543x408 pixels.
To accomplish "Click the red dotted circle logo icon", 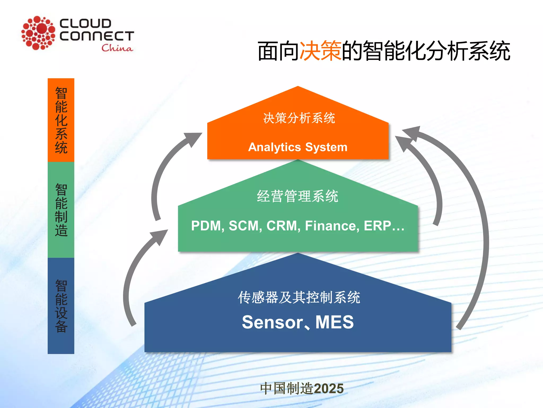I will point(38,33).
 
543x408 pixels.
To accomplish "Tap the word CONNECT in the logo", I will point(97,36).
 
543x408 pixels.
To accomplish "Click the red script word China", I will point(117,48).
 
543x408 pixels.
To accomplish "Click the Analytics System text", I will point(298,147).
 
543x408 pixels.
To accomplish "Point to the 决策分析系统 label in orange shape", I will point(299,118).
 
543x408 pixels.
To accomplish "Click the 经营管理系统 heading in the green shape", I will point(297,196).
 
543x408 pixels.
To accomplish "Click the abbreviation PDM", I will point(206,226).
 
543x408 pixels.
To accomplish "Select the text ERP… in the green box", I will point(384,226).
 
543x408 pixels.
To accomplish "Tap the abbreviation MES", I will point(335,322).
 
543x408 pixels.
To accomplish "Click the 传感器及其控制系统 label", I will point(299,297).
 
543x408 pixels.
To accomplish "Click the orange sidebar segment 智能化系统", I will point(61,120).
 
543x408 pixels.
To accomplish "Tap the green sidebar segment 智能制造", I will point(61,210).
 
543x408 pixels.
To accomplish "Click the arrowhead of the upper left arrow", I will point(194,138).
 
